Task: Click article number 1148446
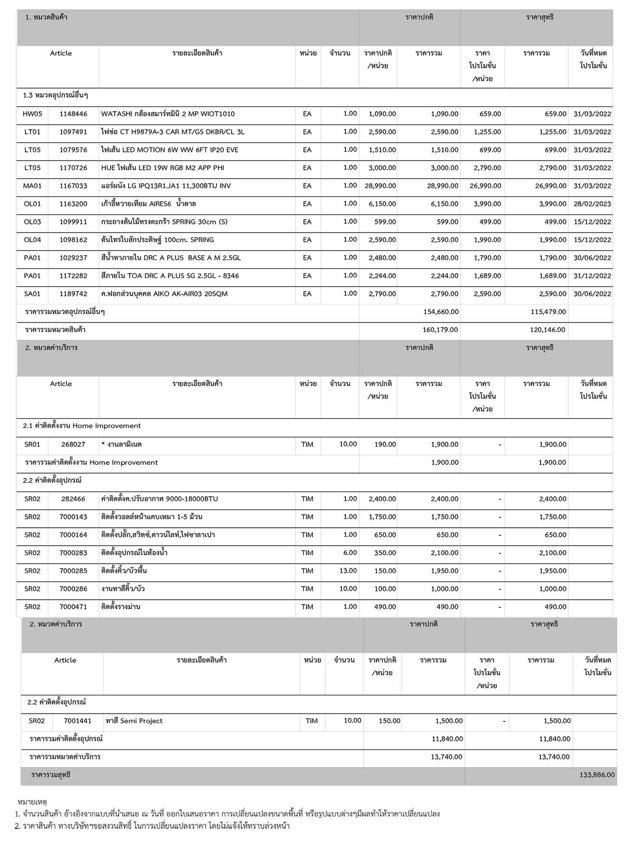pos(73,114)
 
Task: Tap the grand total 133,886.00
pos(597,775)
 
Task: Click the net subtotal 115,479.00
pos(548,312)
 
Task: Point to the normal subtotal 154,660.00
pos(441,312)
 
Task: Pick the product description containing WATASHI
pos(168,114)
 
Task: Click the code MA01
pos(33,186)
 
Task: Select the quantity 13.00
pos(350,571)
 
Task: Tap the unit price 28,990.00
pos(380,186)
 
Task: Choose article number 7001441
pos(77,721)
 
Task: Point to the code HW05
pos(33,114)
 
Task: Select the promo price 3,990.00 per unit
pos(487,204)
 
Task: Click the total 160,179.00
pos(440,330)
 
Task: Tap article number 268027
pos(73,444)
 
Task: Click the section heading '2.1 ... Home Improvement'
pos(82,426)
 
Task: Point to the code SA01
pos(33,294)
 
